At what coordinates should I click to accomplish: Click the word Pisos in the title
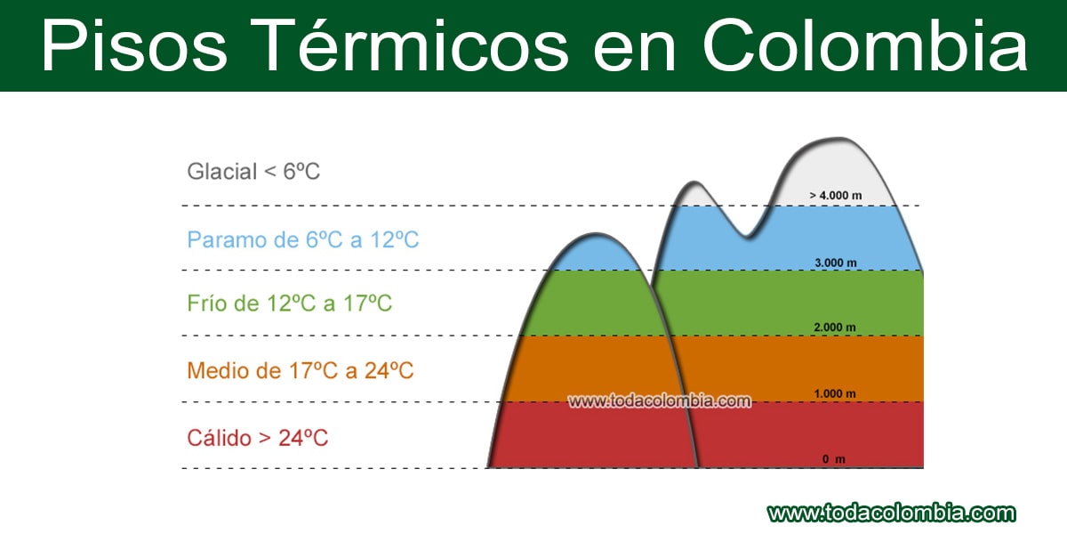pos(134,45)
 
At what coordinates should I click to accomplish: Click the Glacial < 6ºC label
pos(253,172)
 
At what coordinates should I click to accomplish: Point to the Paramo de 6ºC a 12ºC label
pos(303,239)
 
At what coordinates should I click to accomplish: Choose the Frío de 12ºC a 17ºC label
pos(289,303)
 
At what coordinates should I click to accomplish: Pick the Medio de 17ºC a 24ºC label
pos(301,371)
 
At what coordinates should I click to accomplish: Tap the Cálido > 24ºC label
pos(257,438)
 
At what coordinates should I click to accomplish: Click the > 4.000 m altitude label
pos(836,196)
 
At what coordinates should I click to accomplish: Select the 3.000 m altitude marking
pos(836,263)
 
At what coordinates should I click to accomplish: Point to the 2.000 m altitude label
pos(835,328)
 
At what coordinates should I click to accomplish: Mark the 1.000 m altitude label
pos(835,393)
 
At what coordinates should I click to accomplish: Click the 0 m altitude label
pos(834,459)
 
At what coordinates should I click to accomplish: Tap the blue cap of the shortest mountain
pos(596,253)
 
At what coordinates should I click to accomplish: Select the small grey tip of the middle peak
pos(694,194)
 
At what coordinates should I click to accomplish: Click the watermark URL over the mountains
pos(659,401)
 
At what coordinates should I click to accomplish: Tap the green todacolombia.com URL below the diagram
pos(892,514)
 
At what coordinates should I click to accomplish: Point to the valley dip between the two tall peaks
pos(746,234)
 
